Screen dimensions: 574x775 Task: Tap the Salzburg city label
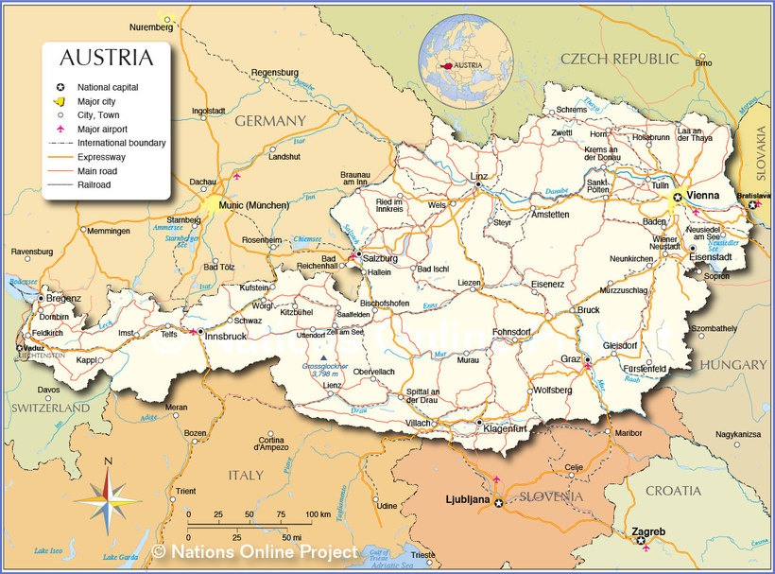(x=380, y=257)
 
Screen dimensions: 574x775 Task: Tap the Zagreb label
(x=648, y=531)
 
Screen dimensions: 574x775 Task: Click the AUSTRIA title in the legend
(x=106, y=58)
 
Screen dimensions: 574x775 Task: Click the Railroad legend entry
(x=95, y=185)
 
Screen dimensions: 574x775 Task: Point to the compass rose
(x=108, y=497)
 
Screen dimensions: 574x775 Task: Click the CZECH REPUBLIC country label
(x=619, y=59)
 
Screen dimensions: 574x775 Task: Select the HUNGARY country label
(x=733, y=364)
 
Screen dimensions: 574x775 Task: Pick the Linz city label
(x=479, y=177)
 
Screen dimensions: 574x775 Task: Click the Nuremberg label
(x=151, y=27)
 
